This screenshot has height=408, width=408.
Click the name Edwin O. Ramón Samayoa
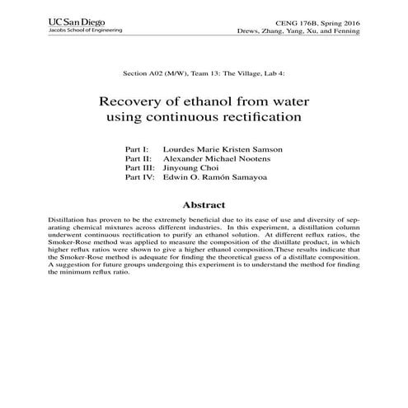tap(216, 176)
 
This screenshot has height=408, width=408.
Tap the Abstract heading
tap(204, 204)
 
